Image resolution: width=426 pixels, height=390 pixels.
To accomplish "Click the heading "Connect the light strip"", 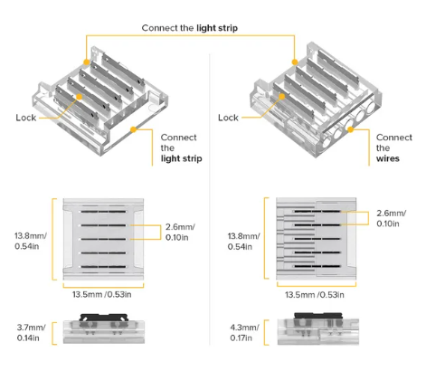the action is pyautogui.click(x=190, y=28).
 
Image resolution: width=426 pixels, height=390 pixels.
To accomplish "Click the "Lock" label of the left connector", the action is pyautogui.click(x=26, y=118).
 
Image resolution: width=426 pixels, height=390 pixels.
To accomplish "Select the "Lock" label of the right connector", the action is pyautogui.click(x=228, y=118).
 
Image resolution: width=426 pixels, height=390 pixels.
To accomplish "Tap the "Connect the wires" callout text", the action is pyautogui.click(x=394, y=147).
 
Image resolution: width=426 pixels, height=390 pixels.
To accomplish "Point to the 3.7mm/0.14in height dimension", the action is pyautogui.click(x=32, y=333).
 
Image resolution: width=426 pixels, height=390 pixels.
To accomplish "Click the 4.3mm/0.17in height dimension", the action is pyautogui.click(x=244, y=333).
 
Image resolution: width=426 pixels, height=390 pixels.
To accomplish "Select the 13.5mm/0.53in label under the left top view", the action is pyautogui.click(x=102, y=294).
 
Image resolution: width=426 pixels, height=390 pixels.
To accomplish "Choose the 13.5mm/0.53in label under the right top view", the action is pyautogui.click(x=315, y=295).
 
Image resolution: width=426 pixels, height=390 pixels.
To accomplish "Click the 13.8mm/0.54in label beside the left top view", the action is pyautogui.click(x=31, y=241).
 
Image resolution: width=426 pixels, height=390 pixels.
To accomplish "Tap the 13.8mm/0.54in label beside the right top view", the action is pyautogui.click(x=243, y=241).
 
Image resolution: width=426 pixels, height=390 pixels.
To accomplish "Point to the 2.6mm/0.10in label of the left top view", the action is pyautogui.click(x=180, y=232).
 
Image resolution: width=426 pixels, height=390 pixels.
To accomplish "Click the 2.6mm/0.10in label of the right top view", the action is pyautogui.click(x=392, y=218).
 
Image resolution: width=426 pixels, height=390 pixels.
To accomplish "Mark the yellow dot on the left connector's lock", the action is pyautogui.click(x=79, y=97).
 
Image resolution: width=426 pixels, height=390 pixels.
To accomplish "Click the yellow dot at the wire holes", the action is pyautogui.click(x=350, y=129).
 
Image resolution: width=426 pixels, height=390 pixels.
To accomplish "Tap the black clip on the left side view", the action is pyautogui.click(x=104, y=317).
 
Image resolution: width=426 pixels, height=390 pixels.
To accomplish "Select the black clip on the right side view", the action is pyautogui.click(x=318, y=316).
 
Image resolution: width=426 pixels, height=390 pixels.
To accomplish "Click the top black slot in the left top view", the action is pyautogui.click(x=103, y=212).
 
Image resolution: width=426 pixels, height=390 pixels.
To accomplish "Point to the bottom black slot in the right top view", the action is pyautogui.click(x=317, y=266).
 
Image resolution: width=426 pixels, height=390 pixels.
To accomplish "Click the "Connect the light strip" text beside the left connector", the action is pyautogui.click(x=181, y=147).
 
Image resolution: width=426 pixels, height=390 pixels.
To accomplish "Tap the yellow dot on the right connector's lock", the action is pyautogui.click(x=282, y=97).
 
